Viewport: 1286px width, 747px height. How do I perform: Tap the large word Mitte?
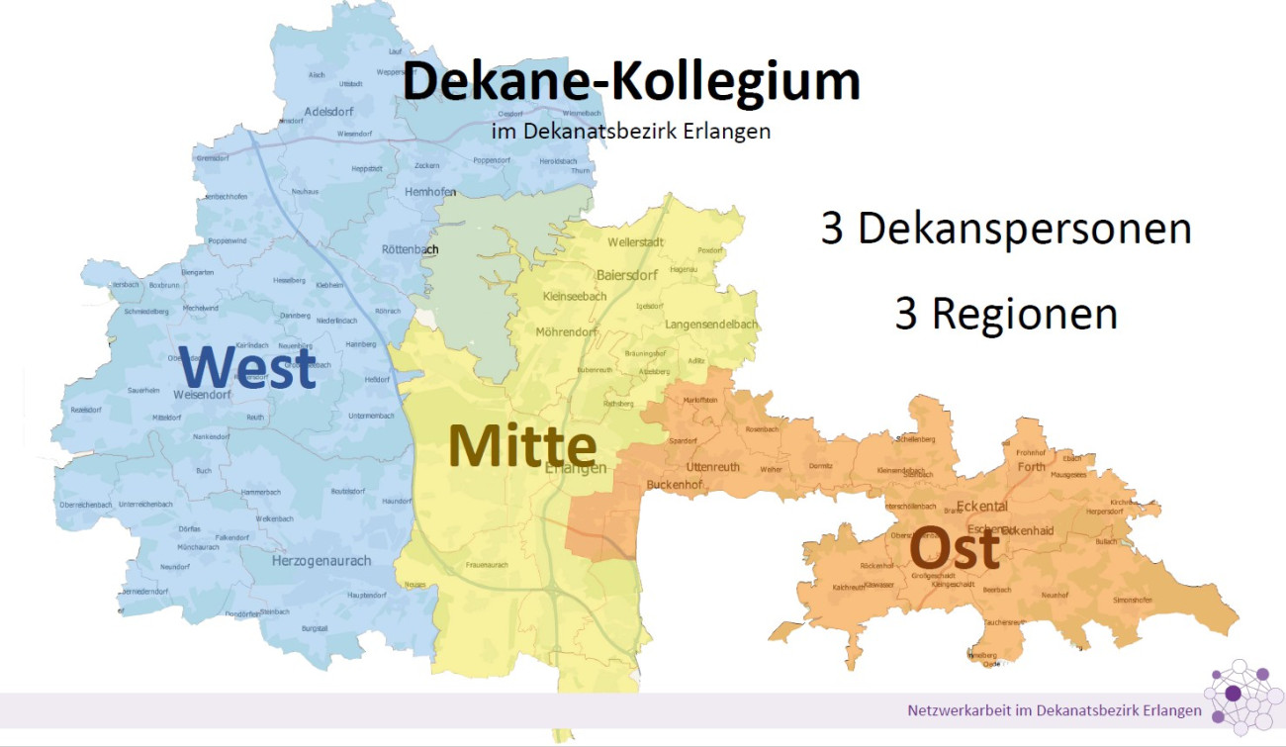(522, 446)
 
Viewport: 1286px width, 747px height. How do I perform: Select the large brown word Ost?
(954, 548)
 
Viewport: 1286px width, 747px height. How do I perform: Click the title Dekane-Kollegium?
(631, 81)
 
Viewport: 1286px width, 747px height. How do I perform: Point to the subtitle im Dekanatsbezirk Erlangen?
(630, 131)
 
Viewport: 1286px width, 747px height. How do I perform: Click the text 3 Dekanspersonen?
(1006, 229)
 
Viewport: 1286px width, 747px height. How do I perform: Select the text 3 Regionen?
(1006, 314)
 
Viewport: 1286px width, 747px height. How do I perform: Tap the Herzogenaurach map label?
(321, 561)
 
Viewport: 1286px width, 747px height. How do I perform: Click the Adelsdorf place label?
(330, 111)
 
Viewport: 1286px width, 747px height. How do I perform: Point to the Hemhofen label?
(432, 191)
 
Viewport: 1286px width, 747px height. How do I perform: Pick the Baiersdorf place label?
(627, 274)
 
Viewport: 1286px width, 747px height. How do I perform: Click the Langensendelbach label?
(711, 324)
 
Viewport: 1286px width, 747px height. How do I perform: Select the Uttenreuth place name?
(712, 466)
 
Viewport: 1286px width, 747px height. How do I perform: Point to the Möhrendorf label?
(569, 331)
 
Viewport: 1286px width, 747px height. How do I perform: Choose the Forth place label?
(1030, 467)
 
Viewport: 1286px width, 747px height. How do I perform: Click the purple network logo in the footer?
(1242, 699)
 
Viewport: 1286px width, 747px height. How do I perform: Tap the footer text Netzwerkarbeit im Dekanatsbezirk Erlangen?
(1055, 710)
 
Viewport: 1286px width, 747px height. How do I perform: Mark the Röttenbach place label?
(410, 249)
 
